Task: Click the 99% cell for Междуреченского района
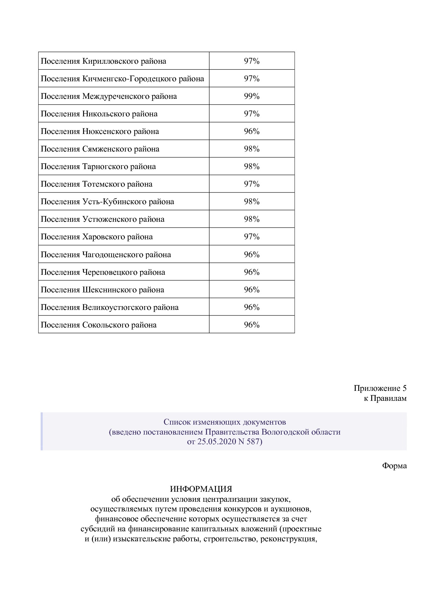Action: click(251, 96)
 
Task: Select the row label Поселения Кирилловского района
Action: click(103, 61)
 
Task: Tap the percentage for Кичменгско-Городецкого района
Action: click(251, 79)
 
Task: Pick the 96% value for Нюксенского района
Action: click(251, 131)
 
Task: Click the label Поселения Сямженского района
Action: click(100, 149)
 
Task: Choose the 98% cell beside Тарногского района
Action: click(251, 166)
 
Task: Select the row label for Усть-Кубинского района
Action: click(107, 202)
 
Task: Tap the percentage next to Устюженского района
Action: click(251, 219)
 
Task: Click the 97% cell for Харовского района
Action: click(251, 237)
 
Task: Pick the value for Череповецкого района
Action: click(251, 272)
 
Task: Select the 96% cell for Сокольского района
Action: click(251, 325)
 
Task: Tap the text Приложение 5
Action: click(380, 388)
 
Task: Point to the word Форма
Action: click(394, 466)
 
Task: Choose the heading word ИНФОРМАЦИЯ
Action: click(201, 489)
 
